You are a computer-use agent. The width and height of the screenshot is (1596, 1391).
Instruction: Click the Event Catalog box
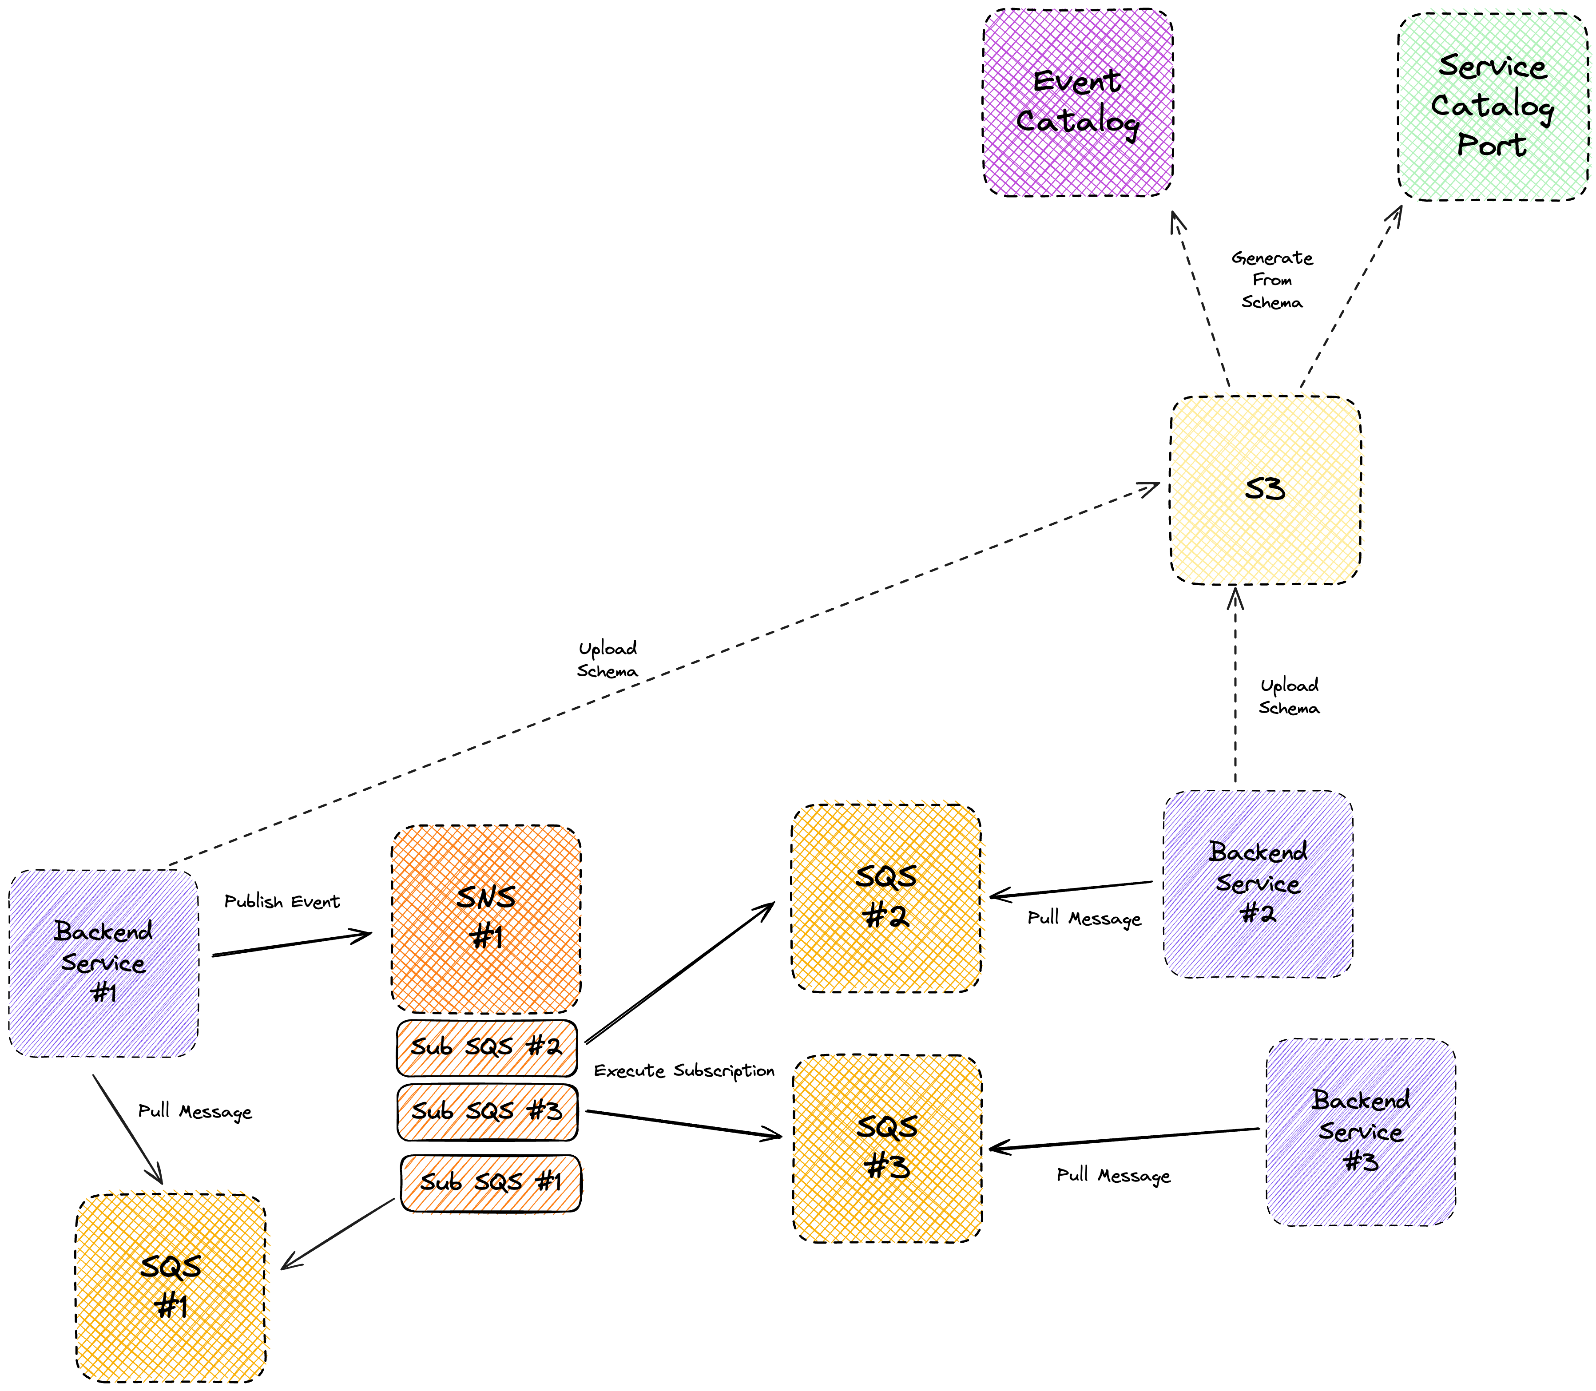coord(1077,103)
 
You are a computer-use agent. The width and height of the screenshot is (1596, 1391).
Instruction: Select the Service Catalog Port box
coord(1492,107)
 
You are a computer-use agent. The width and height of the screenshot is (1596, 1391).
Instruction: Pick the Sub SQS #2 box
coord(487,1048)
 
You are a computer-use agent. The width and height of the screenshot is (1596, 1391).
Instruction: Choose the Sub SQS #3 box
coord(487,1112)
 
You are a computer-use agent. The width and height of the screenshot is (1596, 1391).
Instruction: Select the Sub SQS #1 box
coord(491,1183)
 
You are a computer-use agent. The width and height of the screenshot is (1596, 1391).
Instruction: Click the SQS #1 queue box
coord(171,1288)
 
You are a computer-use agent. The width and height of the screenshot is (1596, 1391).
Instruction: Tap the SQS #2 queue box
coord(886,898)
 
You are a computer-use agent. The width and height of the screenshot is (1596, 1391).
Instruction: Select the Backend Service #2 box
coord(1258,884)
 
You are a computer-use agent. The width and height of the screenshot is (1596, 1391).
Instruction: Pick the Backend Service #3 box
coord(1360,1132)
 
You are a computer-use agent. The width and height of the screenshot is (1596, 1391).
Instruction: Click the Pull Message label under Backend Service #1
coord(195,1112)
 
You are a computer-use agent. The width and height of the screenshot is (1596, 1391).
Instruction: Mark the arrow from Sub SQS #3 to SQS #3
coord(683,1124)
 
